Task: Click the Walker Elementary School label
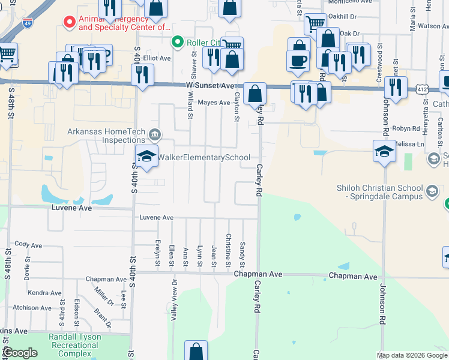[x=204, y=158]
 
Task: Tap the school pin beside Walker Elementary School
[x=146, y=157]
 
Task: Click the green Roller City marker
[x=177, y=42]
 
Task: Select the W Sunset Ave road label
[x=209, y=86]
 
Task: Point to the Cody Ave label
[x=29, y=245]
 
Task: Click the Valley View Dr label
[x=174, y=299]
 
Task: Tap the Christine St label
[x=228, y=251]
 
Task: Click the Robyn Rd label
[x=406, y=129]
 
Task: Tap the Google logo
[x=20, y=353]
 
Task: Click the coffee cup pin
[x=298, y=61]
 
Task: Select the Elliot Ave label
[x=158, y=58]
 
